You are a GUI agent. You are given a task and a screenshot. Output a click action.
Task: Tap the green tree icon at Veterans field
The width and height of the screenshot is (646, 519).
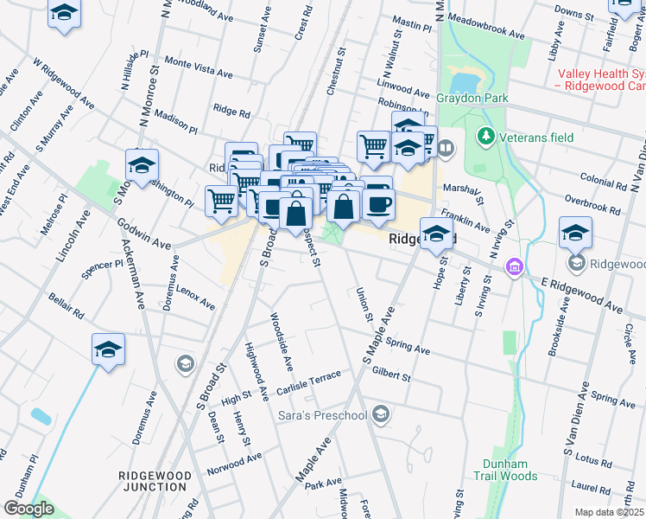pos(486,136)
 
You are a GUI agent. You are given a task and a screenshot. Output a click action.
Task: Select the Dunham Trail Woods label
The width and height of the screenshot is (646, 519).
pos(505,470)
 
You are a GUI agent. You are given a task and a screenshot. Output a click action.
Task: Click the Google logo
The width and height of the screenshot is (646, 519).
pos(28,509)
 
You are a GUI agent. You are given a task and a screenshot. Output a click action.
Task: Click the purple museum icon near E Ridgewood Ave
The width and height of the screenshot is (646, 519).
pos(515,266)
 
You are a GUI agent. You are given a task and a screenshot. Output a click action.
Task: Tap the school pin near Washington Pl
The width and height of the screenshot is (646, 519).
pos(142,164)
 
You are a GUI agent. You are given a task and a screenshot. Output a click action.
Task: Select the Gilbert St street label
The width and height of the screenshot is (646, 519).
pos(390,374)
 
